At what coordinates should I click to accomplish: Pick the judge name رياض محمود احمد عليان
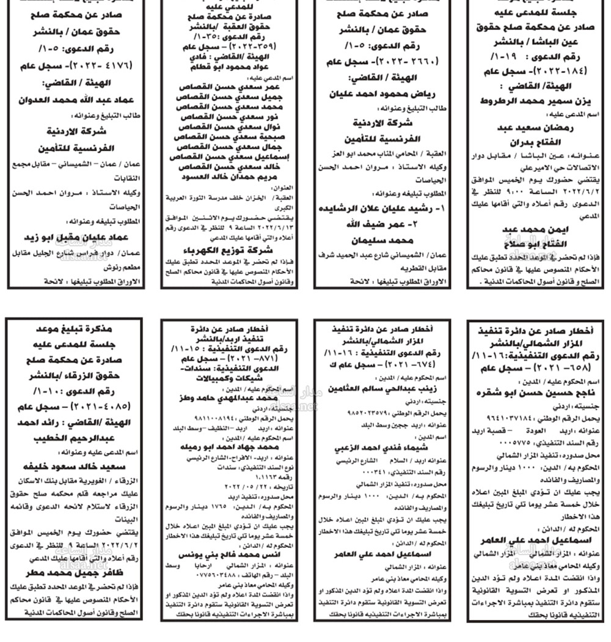coord(382,95)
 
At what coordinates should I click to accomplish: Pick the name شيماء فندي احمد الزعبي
coord(382,448)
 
